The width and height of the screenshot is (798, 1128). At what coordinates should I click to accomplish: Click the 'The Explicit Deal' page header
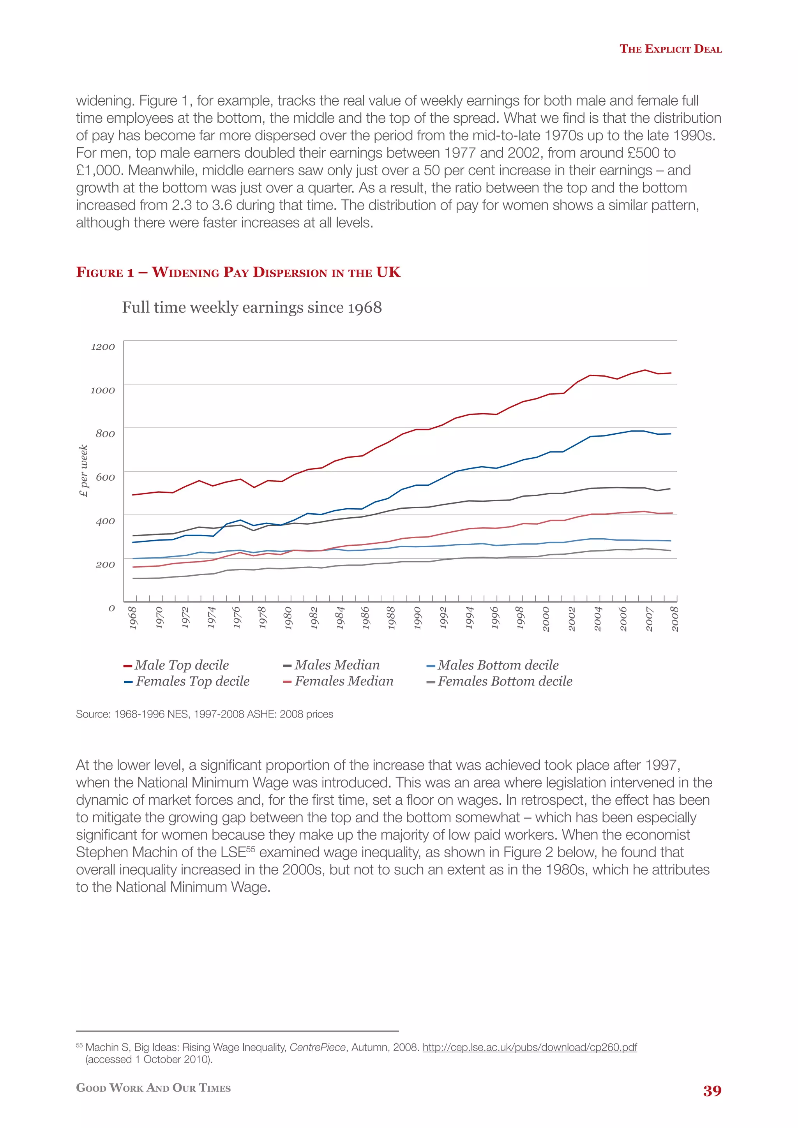[670, 49]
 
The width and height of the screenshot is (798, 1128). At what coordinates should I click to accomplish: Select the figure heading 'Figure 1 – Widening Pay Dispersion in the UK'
[238, 272]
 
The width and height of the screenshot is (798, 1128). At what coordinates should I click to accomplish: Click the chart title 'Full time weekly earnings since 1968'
[252, 308]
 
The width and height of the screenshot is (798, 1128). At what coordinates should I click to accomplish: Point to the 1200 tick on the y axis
[103, 347]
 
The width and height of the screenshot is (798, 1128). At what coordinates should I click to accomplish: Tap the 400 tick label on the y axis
[105, 521]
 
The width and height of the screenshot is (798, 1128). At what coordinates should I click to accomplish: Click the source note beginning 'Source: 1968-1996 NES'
[205, 714]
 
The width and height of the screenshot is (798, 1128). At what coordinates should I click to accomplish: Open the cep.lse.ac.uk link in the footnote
[530, 1047]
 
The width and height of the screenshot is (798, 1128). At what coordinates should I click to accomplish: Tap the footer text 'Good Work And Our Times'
[153, 1088]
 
